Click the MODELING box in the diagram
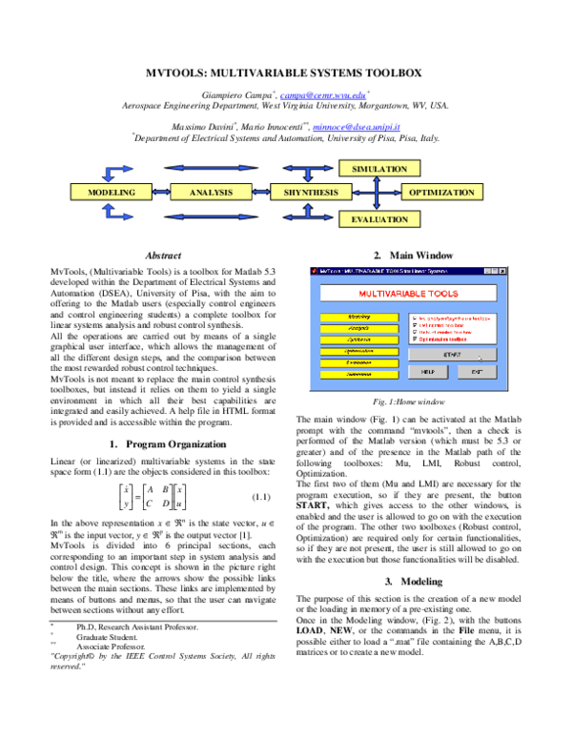tap(112, 193)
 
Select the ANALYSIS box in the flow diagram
tap(211, 193)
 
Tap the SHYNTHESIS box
tap(311, 193)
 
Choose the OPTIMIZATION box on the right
tap(441, 193)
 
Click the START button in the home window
tap(447, 355)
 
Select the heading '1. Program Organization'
tap(169, 444)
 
